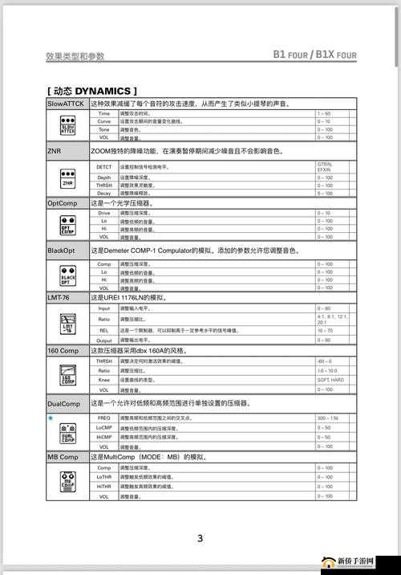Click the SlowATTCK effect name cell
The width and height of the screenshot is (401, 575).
tap(67, 104)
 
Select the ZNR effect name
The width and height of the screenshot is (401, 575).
tap(55, 150)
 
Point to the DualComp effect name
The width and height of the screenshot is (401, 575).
tap(63, 403)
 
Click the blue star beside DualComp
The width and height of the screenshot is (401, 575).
tap(51, 418)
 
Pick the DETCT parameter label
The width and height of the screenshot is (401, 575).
tap(104, 166)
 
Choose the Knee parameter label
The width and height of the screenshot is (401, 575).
tap(104, 380)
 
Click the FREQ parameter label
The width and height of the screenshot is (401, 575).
tap(104, 418)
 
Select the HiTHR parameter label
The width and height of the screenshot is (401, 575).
tap(104, 487)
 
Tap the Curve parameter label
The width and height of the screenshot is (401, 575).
tap(104, 121)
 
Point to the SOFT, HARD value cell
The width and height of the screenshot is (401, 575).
tap(330, 380)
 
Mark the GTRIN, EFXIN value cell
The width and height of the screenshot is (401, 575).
tap(324, 166)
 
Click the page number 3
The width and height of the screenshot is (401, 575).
tap(200, 538)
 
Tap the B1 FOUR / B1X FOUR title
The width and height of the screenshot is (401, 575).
tap(314, 55)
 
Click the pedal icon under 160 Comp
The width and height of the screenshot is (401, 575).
tap(67, 375)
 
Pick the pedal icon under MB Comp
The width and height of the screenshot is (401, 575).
tap(67, 483)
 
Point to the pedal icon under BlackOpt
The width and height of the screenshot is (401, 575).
tap(67, 276)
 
